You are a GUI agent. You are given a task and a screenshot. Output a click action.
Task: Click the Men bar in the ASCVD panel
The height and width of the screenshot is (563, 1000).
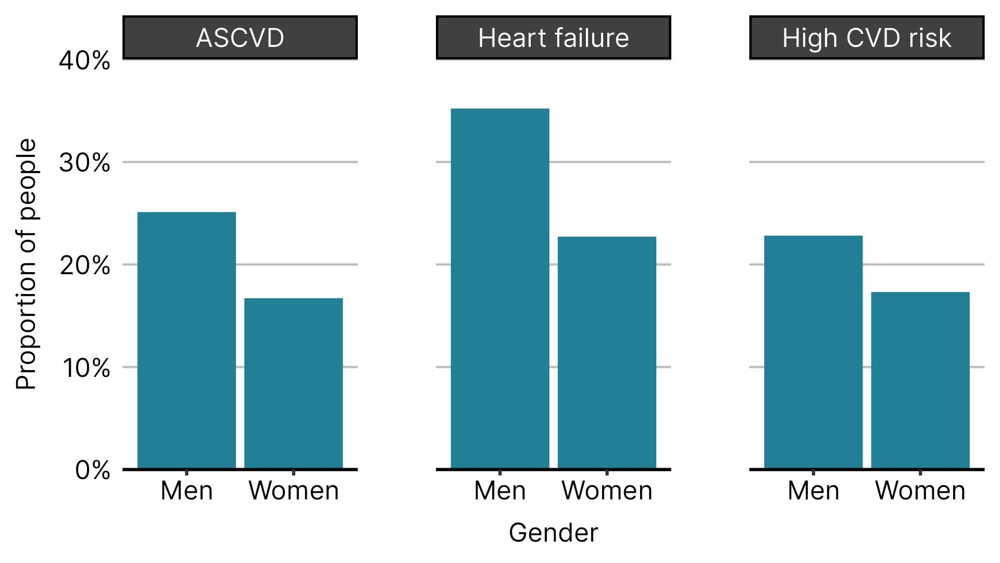[x=186, y=340]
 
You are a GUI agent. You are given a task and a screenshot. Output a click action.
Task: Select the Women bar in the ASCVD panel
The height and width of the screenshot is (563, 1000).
[x=293, y=383]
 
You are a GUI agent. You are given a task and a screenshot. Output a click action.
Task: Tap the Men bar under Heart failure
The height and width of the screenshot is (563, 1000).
[x=499, y=288]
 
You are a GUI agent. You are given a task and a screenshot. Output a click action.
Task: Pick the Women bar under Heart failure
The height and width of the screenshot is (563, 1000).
[x=607, y=352]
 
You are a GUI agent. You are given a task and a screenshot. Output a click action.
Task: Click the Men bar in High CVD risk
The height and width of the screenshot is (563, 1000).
[x=813, y=352]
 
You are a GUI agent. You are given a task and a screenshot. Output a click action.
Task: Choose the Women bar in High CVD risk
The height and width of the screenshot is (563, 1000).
[x=920, y=380]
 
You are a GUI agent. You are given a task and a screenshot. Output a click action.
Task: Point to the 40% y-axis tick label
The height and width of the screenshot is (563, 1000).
[x=84, y=61]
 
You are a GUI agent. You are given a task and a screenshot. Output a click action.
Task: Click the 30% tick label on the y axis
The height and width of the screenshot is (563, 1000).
[x=84, y=163]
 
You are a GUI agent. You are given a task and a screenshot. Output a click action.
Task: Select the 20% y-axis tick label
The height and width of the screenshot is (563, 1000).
[x=84, y=266]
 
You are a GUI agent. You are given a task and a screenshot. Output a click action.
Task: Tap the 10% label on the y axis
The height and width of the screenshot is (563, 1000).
[x=86, y=368]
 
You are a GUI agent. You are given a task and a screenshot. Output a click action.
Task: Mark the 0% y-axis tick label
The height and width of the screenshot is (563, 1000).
[x=92, y=470]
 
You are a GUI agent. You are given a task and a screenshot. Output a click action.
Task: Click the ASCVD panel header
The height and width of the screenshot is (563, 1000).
[x=240, y=38]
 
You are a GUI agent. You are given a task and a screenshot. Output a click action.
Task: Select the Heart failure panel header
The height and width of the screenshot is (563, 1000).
[x=553, y=38]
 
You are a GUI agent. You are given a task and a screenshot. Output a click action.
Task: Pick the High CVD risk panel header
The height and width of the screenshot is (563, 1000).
[x=867, y=38]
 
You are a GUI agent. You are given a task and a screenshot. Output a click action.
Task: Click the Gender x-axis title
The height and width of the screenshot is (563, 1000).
[x=553, y=533]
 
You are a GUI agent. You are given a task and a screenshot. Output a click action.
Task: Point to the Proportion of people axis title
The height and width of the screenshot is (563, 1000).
[x=26, y=264]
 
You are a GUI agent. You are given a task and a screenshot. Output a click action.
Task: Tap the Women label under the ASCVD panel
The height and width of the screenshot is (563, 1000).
[x=294, y=491]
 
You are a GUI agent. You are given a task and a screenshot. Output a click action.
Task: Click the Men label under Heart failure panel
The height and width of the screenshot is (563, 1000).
[x=499, y=491]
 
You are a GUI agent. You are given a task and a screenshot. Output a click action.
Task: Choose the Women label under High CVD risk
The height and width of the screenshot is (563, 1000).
[x=920, y=491]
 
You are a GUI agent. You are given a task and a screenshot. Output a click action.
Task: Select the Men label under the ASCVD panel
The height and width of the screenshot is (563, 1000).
[x=186, y=491]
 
